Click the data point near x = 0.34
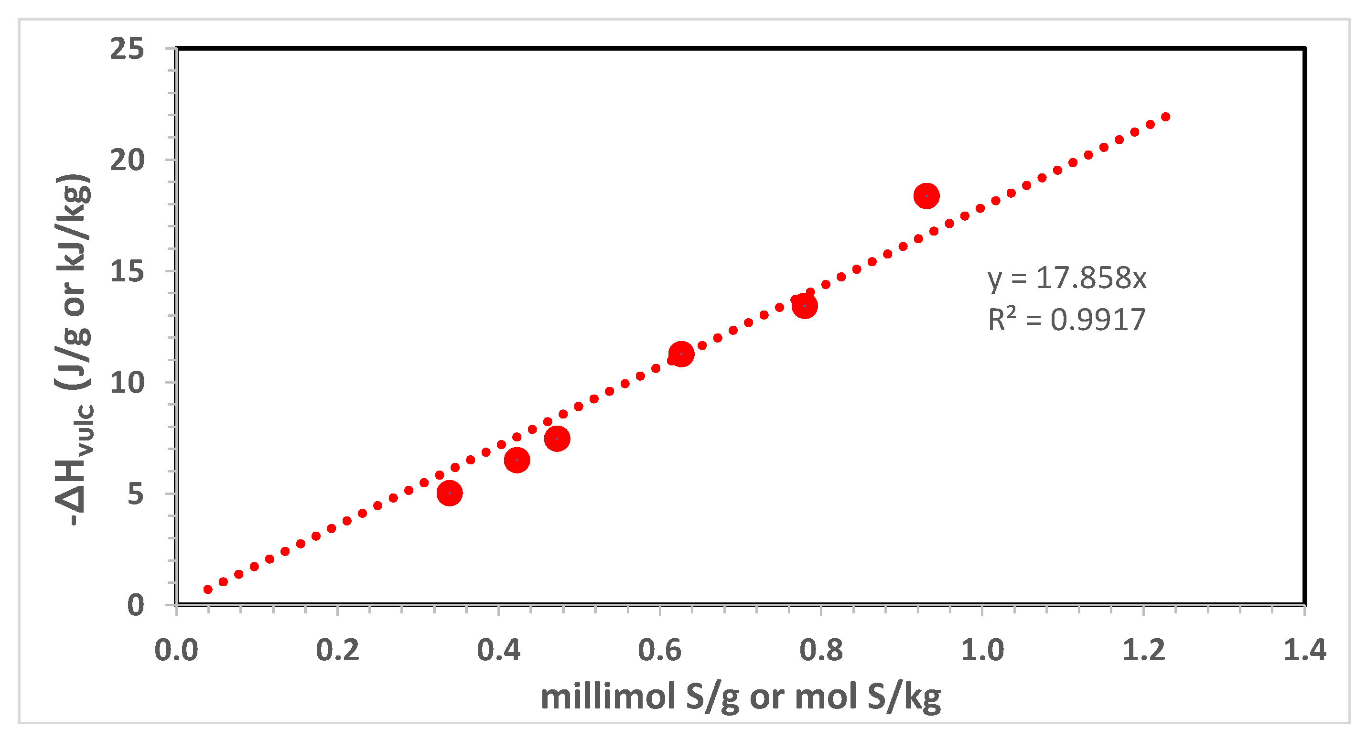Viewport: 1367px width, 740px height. click(450, 493)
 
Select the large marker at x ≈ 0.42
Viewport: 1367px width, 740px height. click(517, 460)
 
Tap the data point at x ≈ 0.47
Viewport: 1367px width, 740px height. click(557, 439)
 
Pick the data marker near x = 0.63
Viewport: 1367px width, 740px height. click(681, 354)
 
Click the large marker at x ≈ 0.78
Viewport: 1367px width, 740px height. click(805, 306)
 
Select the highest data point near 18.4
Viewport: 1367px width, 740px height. click(926, 196)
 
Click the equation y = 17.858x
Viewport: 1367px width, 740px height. click(1066, 278)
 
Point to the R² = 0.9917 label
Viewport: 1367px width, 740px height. click(1066, 320)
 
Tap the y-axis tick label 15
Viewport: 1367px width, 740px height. click(128, 272)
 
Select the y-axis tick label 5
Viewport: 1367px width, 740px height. click(135, 494)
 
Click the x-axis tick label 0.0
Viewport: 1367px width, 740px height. click(176, 650)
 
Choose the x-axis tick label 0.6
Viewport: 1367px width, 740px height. click(660, 650)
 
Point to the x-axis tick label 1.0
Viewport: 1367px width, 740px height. click(982, 650)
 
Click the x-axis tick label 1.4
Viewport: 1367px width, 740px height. click(1304, 650)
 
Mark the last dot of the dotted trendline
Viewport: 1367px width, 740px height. click(1166, 117)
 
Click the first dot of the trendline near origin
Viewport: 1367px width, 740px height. click(208, 590)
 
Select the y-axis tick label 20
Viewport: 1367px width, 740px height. click(128, 160)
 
